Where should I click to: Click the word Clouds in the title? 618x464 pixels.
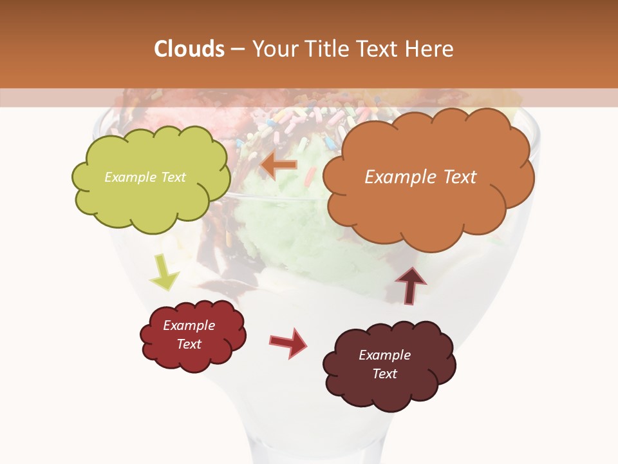pos(189,49)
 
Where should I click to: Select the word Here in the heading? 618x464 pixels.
pos(431,49)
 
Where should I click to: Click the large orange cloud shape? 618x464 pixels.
pos(429,206)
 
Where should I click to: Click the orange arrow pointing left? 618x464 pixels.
pos(279,165)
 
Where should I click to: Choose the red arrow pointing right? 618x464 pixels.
pos(288,342)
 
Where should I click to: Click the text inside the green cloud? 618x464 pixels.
pos(145,177)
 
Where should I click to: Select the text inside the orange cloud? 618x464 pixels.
pos(420,177)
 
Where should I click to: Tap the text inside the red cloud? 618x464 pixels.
pos(189,334)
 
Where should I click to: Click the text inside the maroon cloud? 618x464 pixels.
pos(384,364)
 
